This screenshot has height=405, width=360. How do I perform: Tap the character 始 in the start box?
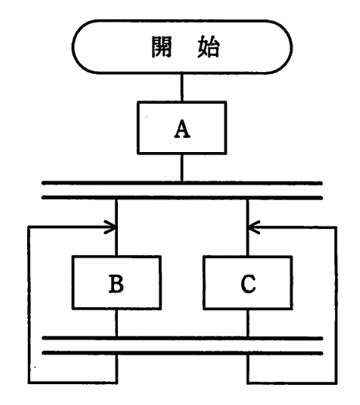207,49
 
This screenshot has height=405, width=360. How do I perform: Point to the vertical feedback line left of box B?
28,303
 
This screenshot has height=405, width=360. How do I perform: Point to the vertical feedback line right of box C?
337,303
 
